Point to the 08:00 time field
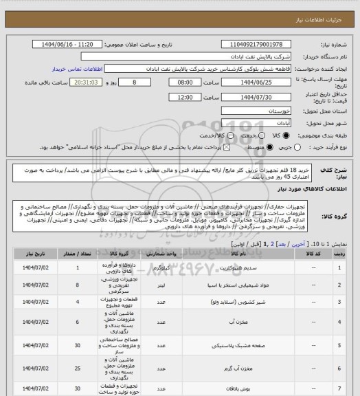pos(166,82)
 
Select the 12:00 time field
pos(166,98)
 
